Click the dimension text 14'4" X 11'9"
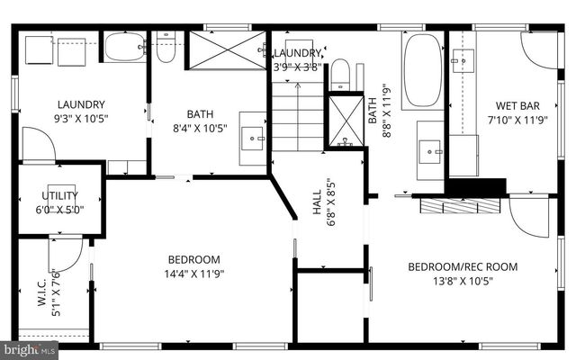point(193,274)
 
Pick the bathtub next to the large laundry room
point(124,47)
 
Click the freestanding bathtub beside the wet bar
point(423,71)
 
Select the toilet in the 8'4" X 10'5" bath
point(166,49)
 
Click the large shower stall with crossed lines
point(226,49)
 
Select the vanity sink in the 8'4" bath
point(253,138)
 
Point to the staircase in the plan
point(297,117)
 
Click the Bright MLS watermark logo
point(30,348)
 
